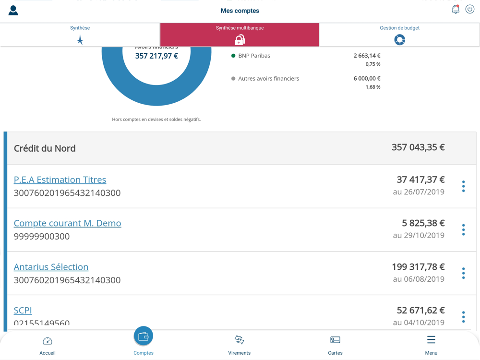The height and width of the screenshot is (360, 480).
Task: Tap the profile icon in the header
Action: [x=13, y=11]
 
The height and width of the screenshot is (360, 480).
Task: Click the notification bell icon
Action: [x=456, y=10]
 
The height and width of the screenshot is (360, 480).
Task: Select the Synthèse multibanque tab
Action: [x=240, y=35]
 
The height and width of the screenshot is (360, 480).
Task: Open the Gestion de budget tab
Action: [x=399, y=35]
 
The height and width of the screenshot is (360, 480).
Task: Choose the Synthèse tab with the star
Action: [x=80, y=35]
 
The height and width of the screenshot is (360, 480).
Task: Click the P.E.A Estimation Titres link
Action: [x=60, y=180]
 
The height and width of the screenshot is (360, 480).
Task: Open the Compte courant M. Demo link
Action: [x=67, y=223]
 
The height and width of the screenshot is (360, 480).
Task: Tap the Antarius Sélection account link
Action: [x=51, y=267]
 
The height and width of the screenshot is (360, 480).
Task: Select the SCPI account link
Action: [x=23, y=310]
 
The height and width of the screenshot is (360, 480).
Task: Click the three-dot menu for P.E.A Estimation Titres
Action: [x=463, y=186]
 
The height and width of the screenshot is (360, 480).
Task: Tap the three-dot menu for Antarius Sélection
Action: [x=463, y=273]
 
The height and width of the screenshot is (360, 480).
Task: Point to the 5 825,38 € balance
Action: [x=423, y=223]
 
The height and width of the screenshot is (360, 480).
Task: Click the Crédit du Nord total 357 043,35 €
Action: [x=418, y=147]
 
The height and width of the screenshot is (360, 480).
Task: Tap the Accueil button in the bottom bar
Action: [x=48, y=345]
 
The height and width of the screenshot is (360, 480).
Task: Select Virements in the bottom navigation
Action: [x=239, y=345]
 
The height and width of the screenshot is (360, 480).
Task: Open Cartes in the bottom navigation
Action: [x=335, y=345]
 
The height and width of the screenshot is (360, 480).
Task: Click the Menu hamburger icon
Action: [x=431, y=340]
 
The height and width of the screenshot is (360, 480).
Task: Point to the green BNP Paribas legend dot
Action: [x=233, y=56]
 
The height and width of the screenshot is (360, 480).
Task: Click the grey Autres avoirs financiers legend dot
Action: [x=233, y=79]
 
